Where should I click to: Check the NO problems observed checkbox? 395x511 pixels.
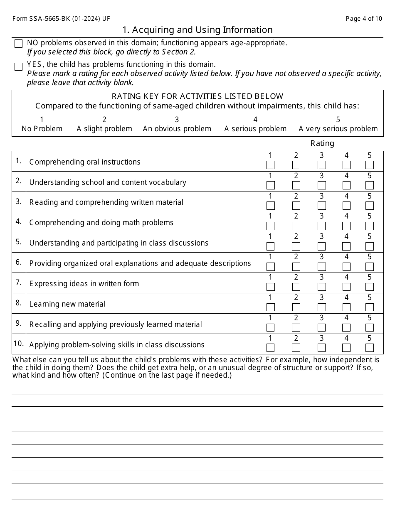pos(18,44)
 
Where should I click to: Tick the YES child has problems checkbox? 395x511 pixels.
pos(18,67)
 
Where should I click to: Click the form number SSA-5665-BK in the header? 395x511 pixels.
pos(61,19)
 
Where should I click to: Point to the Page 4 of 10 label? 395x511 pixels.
pos(364,19)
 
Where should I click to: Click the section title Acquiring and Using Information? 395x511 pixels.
pos(197,30)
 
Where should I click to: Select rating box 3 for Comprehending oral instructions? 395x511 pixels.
pos(322,165)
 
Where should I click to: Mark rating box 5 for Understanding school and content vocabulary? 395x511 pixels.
pos(369,185)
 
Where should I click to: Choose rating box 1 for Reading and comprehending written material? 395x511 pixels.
pos(270,206)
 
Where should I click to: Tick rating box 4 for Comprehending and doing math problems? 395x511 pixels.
pos(346,226)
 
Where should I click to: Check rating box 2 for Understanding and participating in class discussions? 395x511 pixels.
pos(296,246)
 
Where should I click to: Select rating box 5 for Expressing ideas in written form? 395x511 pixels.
pos(369,287)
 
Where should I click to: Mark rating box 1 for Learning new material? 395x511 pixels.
pos(270,307)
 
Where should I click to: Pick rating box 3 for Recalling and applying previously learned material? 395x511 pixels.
pos(322,328)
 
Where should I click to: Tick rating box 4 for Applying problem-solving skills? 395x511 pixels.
pos(346,348)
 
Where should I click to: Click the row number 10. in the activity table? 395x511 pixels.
pos(19,344)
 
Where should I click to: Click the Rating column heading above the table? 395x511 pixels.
pos(322,143)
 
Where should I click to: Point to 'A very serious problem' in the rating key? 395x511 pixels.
pos(338,129)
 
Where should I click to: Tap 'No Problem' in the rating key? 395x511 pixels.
pos(42,129)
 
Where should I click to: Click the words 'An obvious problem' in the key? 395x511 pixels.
pos(177,129)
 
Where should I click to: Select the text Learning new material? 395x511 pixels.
pos(67,304)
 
